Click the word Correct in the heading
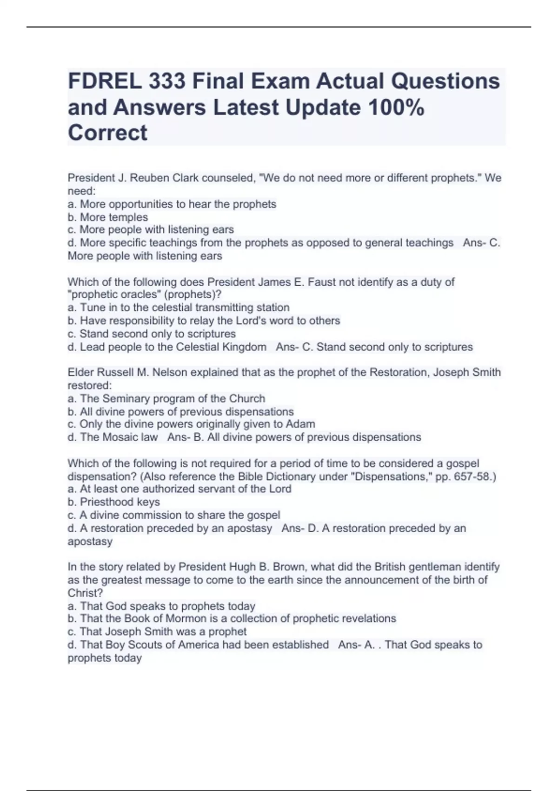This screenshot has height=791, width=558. click(107, 133)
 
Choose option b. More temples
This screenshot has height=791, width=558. click(108, 217)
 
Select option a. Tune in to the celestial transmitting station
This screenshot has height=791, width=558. click(179, 308)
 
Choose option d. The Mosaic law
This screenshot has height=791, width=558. click(113, 437)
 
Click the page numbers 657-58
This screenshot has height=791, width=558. click(472, 477)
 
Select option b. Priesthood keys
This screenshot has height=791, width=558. click(114, 502)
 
